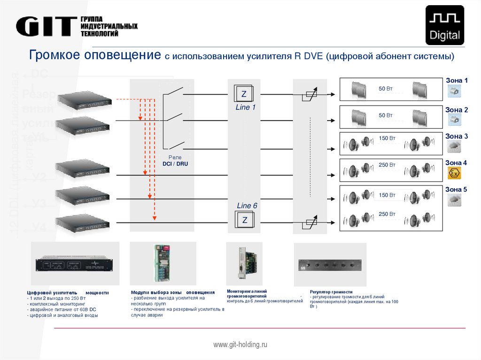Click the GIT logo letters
tap(46, 26)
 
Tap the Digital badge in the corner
tap(444, 25)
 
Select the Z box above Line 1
tap(244, 94)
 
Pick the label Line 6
tap(247, 206)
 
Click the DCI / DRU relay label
tap(175, 164)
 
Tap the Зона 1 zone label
tap(456, 80)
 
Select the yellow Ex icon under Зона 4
tap(454, 173)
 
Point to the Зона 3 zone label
tap(456, 136)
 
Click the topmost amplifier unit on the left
tap(85, 100)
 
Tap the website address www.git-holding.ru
tap(240, 345)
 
